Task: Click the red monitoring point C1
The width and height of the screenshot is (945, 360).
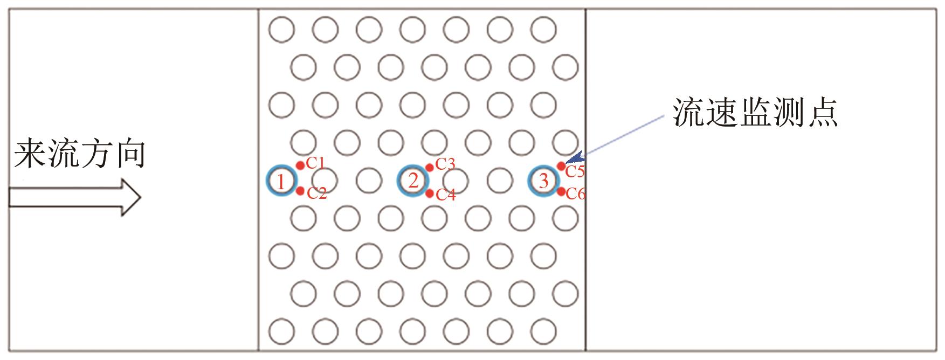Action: click(x=300, y=165)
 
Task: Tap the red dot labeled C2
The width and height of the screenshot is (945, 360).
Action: click(x=300, y=191)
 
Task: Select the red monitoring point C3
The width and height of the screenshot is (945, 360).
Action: click(x=430, y=167)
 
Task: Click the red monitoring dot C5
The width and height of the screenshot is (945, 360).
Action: click(x=561, y=166)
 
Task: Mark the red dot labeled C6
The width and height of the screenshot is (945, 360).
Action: click(x=561, y=191)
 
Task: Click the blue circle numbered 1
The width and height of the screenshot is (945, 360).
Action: click(x=281, y=181)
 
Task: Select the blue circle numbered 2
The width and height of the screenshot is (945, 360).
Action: click(x=412, y=180)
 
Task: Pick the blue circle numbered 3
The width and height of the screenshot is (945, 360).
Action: click(x=543, y=181)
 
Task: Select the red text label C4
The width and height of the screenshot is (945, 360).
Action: click(x=446, y=195)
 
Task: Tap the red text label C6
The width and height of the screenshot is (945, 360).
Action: click(x=575, y=194)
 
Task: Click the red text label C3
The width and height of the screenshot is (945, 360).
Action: click(x=445, y=164)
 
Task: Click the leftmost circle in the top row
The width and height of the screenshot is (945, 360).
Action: click(x=281, y=30)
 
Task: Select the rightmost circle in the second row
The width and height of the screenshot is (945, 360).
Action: click(x=565, y=67)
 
